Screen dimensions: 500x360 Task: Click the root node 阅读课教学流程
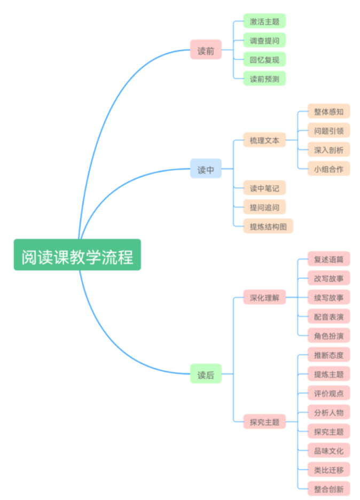coord(77,255)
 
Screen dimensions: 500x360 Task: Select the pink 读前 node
coord(206,50)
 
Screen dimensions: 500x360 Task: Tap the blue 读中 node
coord(206,168)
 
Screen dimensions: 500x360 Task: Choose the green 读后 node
coord(206,373)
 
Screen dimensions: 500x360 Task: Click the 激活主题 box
coord(264,21)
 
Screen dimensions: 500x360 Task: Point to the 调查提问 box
coord(264,40)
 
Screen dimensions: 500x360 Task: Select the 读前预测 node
coord(264,79)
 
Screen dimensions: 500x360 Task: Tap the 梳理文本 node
coord(264,140)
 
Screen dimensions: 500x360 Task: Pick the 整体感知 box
coord(328,111)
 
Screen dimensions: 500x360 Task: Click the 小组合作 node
coord(328,169)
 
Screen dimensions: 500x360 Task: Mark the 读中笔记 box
coord(264,187)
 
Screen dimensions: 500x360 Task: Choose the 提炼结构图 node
coord(268,226)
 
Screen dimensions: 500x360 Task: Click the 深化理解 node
coord(264,297)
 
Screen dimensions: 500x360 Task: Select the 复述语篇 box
coord(328,259)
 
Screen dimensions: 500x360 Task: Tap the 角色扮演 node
coord(328,335)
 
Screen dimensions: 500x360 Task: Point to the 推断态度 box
coord(328,354)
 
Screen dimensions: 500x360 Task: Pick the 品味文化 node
coord(328,450)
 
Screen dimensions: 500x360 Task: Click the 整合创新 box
coord(328,488)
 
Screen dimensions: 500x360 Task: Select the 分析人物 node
coord(328,412)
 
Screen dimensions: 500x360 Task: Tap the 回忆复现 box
coord(264,59)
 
